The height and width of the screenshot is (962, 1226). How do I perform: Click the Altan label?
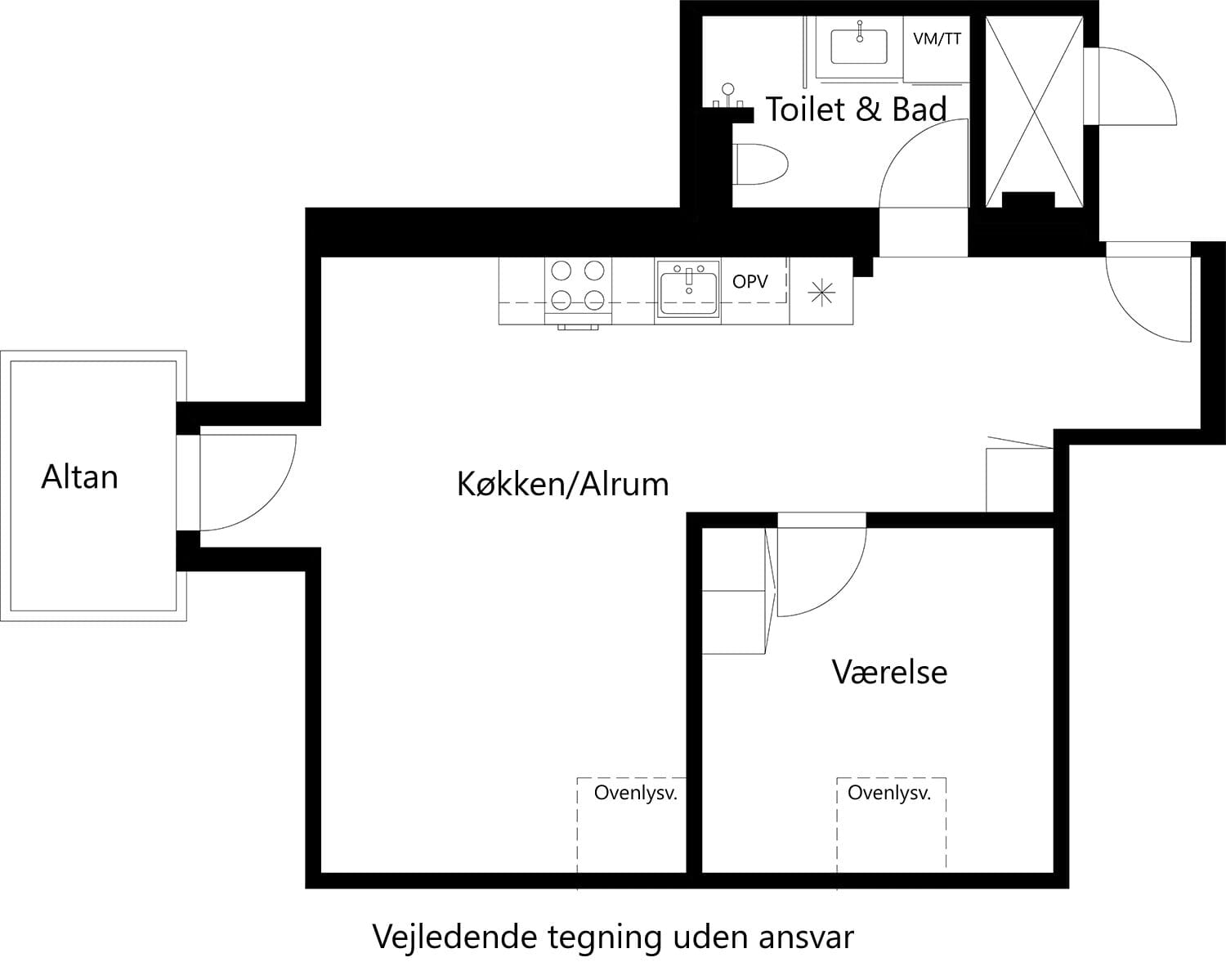79,477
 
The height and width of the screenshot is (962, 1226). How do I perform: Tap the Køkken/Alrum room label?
562,484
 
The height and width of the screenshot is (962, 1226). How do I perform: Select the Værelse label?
889,672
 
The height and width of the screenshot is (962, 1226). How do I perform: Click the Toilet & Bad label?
855,109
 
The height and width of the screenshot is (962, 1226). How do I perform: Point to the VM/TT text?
937,38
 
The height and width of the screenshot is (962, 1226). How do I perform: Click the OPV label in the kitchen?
749,282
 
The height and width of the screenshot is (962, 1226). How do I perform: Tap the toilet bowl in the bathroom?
760,165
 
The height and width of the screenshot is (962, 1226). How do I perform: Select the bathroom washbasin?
859,47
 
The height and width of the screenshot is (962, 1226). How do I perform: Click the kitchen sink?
688,289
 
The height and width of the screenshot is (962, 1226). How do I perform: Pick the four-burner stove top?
578,285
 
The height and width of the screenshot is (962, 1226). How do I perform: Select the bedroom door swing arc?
826,572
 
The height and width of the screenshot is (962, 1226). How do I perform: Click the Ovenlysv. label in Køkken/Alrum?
635,793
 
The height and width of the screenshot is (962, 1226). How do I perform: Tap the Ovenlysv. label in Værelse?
888,793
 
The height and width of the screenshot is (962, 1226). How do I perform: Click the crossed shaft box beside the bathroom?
1034,110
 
